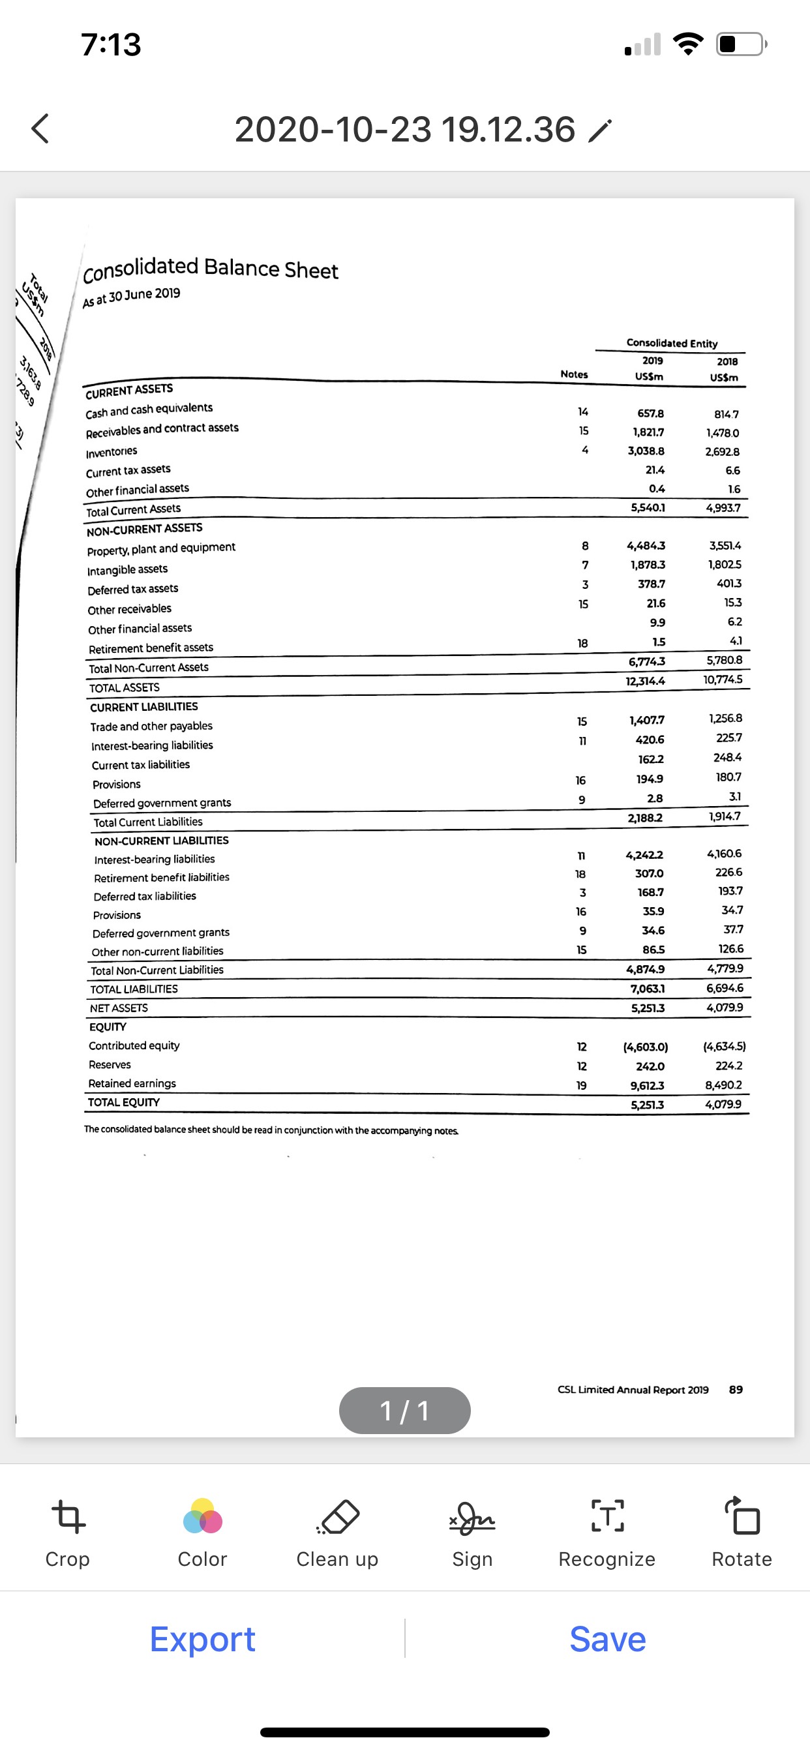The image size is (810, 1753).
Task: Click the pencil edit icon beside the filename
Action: [599, 130]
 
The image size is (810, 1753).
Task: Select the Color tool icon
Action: [202, 1517]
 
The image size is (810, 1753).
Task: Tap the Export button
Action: [202, 1639]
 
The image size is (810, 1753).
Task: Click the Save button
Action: [607, 1639]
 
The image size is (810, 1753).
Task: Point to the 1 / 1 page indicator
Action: [404, 1411]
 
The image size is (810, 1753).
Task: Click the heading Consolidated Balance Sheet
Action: [211, 269]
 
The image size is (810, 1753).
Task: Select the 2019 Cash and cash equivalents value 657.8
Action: [650, 413]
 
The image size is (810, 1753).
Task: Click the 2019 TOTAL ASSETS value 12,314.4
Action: [645, 680]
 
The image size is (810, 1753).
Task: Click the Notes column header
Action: [574, 374]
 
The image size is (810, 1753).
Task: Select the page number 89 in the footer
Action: [736, 1390]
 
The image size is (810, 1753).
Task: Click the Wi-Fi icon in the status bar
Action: [688, 44]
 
